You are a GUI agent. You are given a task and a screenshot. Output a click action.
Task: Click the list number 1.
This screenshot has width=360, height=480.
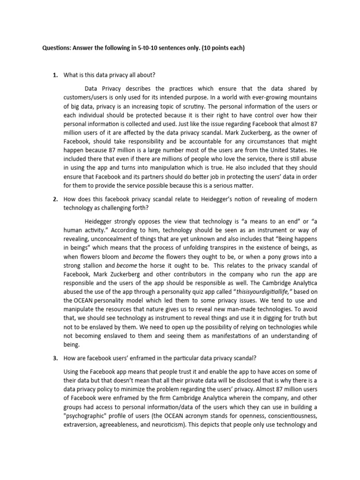pos(54,75)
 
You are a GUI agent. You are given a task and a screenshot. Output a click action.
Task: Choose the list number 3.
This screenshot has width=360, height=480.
pos(54,359)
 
